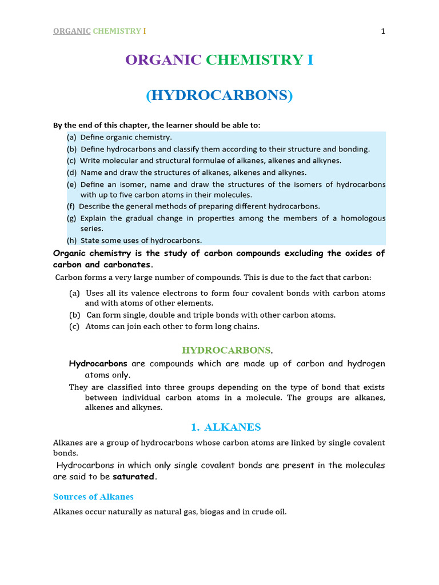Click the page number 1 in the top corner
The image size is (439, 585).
pos(383,31)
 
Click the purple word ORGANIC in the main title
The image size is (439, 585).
pos(163,60)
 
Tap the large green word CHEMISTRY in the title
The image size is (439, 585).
pos(255,60)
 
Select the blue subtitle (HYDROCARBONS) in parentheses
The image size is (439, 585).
pos(219,96)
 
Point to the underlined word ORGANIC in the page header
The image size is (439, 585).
pos(71,31)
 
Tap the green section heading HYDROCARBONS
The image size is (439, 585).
pos(226,350)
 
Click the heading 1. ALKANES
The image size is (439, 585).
pos(225,427)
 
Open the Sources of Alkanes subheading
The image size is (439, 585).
pos(93,496)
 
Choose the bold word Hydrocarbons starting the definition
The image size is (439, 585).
pos(98,364)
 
